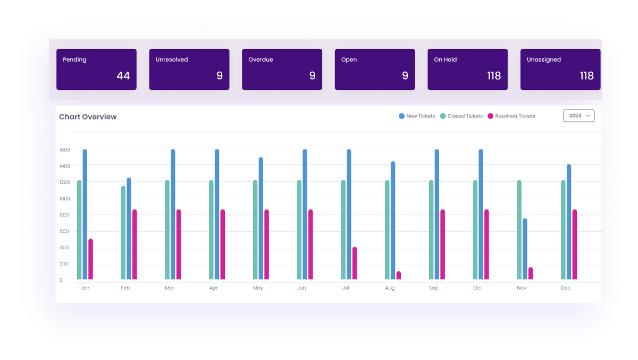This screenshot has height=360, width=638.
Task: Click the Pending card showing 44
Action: click(x=96, y=69)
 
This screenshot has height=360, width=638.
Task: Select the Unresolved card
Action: click(x=189, y=69)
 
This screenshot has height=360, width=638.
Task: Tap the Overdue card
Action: click(x=282, y=69)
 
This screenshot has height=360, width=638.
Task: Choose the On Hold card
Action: click(x=467, y=69)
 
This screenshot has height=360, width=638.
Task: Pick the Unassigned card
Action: click(x=560, y=69)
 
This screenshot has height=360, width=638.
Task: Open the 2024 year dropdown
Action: click(x=578, y=115)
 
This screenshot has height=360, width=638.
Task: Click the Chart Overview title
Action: click(x=88, y=117)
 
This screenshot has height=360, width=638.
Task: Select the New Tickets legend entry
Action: click(x=417, y=116)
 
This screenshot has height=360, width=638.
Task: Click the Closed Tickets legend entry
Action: click(x=461, y=116)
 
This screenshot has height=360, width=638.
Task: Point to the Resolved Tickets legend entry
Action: click(x=511, y=116)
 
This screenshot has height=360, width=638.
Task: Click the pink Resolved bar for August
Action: click(x=398, y=275)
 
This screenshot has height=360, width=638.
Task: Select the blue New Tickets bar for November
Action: click(x=525, y=249)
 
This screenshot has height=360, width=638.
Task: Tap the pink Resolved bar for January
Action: click(x=90, y=259)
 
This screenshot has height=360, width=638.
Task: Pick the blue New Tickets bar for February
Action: click(x=129, y=229)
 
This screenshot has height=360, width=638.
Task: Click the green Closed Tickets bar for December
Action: click(x=563, y=230)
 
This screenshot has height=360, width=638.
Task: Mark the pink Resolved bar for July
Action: click(x=355, y=263)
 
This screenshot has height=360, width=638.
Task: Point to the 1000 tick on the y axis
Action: click(x=64, y=199)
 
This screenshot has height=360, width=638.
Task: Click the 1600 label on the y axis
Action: click(x=64, y=150)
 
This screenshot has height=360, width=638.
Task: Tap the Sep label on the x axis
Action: click(x=433, y=288)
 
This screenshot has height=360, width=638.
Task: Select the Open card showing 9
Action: click(x=374, y=69)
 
